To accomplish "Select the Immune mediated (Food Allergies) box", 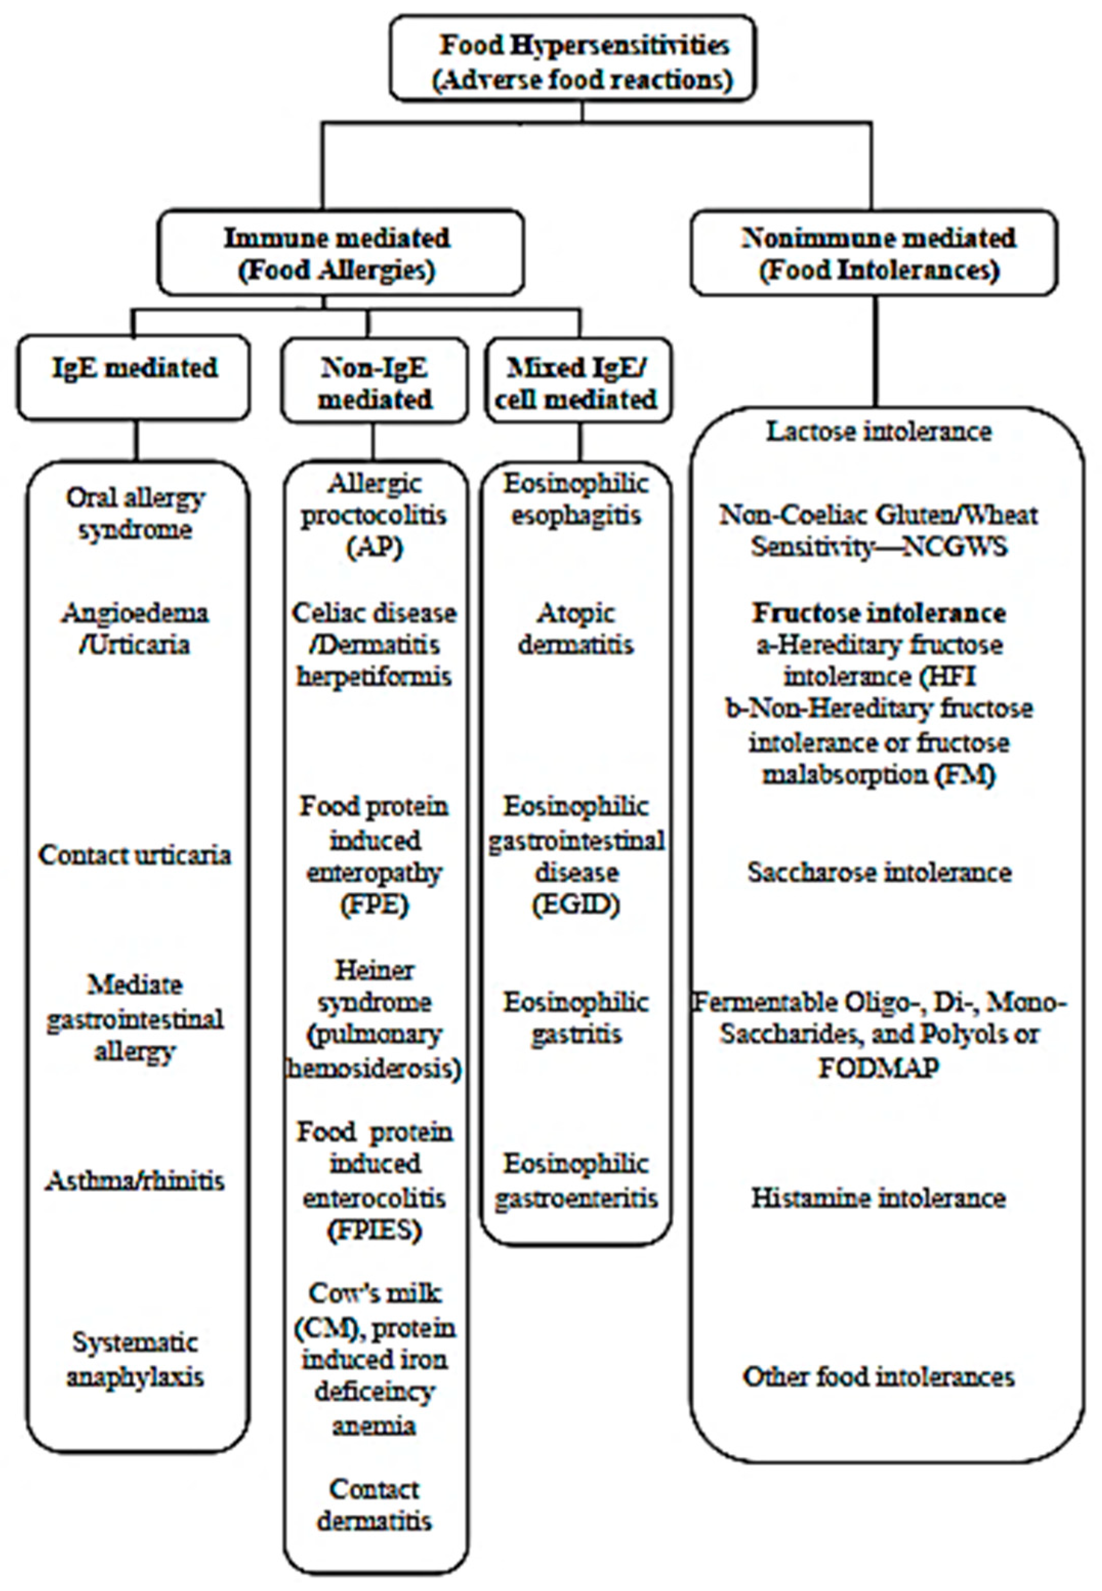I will [x=340, y=254].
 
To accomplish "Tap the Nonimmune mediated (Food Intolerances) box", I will [x=874, y=254].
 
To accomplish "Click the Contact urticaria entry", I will [x=135, y=854].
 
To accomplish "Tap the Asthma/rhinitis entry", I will [x=135, y=1180].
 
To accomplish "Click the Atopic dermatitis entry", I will [x=576, y=628].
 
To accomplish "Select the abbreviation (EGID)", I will [x=576, y=904].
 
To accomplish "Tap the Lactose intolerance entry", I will [x=879, y=431].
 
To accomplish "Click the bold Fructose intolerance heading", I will [x=879, y=612].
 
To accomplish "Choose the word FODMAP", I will [x=879, y=1067].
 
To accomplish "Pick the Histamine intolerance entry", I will [x=879, y=1197].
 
